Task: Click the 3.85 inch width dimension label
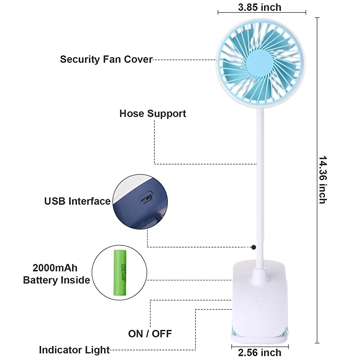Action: (260, 7)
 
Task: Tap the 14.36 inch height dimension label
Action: (322, 180)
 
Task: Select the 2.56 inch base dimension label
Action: (259, 352)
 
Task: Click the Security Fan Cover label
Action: (106, 59)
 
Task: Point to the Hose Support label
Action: (153, 113)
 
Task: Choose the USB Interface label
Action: (77, 201)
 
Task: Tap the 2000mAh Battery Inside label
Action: (57, 274)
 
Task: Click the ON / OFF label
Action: (150, 333)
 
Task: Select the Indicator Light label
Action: (74, 350)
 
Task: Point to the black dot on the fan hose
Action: (254, 247)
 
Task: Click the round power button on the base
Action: (260, 298)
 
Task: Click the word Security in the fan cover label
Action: (77, 59)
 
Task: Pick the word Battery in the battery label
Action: (42, 280)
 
